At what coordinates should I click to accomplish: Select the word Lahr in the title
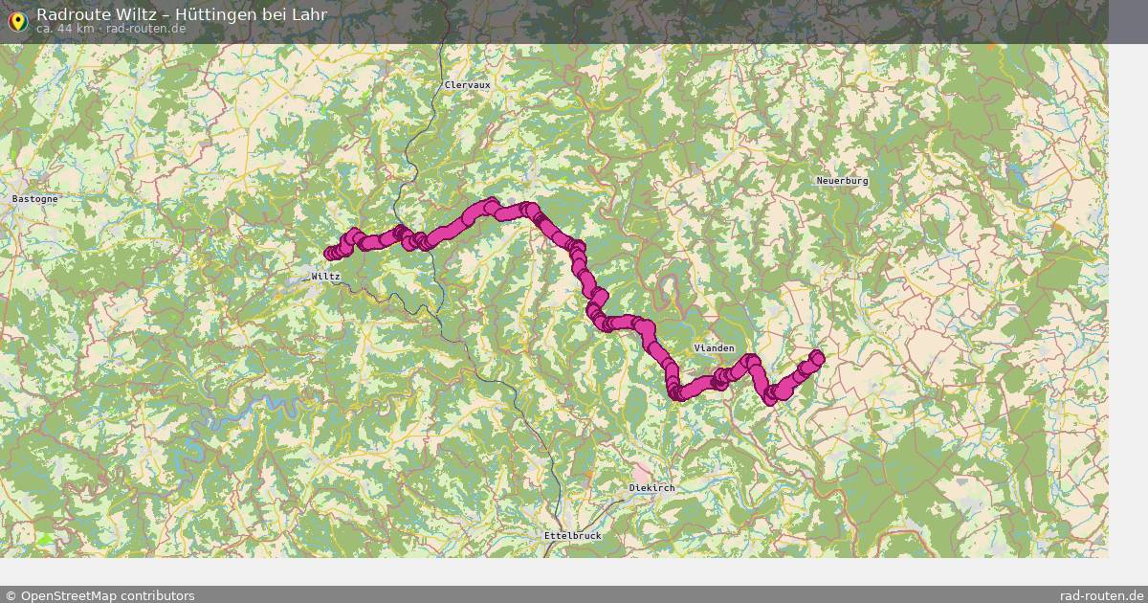tap(308, 14)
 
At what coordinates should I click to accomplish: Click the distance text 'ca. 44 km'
tap(65, 29)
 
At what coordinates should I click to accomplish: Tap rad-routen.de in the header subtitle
tap(145, 29)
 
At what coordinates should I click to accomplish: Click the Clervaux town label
tap(467, 85)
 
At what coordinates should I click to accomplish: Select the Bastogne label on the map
tap(35, 199)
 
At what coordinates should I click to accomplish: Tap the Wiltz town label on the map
tap(325, 277)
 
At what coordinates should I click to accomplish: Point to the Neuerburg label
tap(842, 181)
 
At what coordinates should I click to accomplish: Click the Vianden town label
tap(714, 348)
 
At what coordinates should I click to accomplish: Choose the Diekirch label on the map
tap(651, 488)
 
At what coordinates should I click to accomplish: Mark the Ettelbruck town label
tap(572, 536)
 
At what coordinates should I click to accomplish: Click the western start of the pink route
tap(330, 254)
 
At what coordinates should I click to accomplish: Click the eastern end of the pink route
tap(817, 358)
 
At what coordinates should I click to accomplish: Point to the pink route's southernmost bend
tap(675, 393)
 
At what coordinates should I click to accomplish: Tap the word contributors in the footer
tap(158, 595)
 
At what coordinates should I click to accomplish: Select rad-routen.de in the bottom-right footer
tap(1101, 595)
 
